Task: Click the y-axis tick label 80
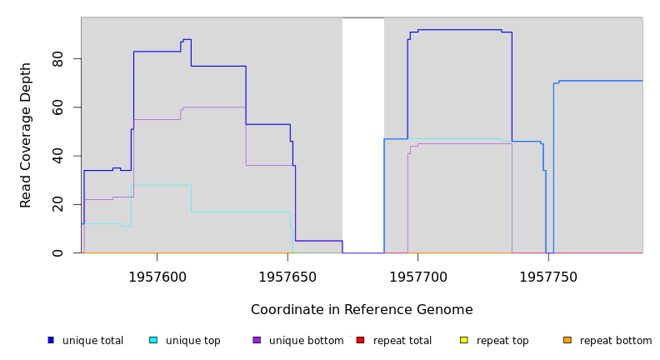click(x=57, y=59)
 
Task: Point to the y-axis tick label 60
click(x=57, y=107)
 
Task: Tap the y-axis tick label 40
click(x=57, y=156)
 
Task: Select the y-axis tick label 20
click(x=57, y=204)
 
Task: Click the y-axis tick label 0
click(x=57, y=252)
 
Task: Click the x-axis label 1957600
click(x=157, y=277)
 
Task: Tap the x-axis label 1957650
click(x=287, y=277)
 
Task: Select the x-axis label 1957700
click(x=417, y=277)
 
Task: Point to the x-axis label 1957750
click(x=547, y=277)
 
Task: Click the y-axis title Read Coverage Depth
click(x=26, y=135)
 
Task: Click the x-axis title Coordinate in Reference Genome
click(x=362, y=310)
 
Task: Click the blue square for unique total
click(x=51, y=340)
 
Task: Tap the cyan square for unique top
click(x=153, y=340)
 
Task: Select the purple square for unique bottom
click(x=257, y=340)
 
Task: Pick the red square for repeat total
click(x=360, y=340)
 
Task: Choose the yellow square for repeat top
click(x=463, y=340)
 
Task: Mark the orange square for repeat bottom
click(x=567, y=340)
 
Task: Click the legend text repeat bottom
click(x=616, y=341)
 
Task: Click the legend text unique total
click(x=92, y=341)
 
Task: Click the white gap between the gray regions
click(x=363, y=133)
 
